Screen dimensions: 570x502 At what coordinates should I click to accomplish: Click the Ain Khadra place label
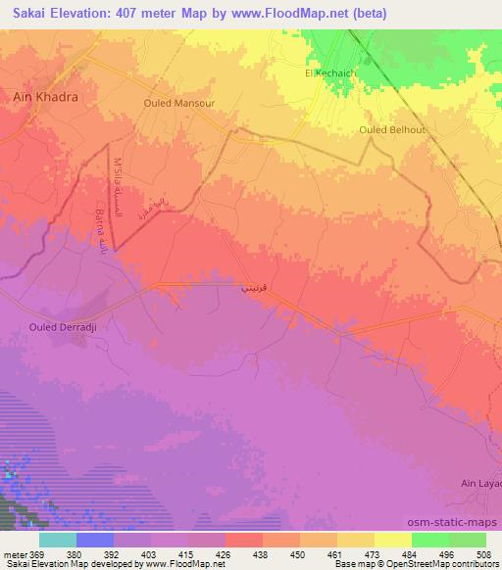click(x=44, y=98)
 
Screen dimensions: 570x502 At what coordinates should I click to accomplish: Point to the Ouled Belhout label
click(x=393, y=129)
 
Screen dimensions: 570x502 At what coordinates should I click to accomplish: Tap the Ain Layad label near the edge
click(x=480, y=484)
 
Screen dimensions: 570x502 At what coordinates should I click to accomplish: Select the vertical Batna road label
click(x=105, y=232)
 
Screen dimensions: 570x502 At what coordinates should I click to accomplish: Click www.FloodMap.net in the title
click(x=293, y=14)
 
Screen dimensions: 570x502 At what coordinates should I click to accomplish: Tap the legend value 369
click(x=34, y=553)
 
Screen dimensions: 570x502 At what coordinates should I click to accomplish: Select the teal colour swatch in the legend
click(x=58, y=540)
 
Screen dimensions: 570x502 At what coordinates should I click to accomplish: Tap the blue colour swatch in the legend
click(x=95, y=540)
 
